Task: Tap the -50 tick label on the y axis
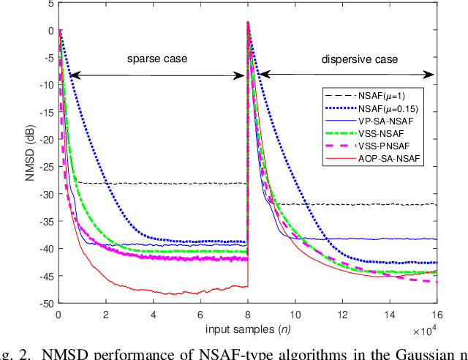point(45,303)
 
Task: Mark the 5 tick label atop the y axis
point(50,4)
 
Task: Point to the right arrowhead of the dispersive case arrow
point(431,74)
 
